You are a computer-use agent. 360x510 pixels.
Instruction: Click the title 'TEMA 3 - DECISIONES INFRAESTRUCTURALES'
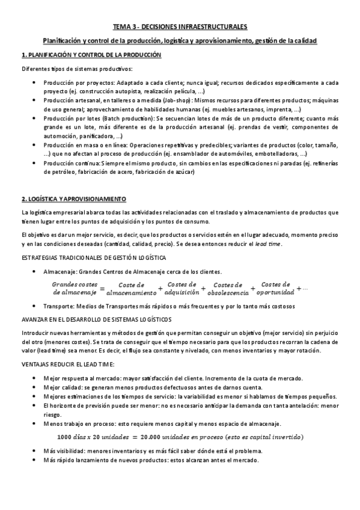point(180,27)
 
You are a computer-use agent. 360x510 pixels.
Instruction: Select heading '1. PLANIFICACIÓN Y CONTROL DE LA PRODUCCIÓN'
point(91,55)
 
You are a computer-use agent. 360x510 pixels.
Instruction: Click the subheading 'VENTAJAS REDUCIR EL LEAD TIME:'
point(68,365)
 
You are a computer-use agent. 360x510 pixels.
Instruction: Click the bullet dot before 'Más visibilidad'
point(34,450)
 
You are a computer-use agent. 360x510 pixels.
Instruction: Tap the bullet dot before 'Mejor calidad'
point(34,387)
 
